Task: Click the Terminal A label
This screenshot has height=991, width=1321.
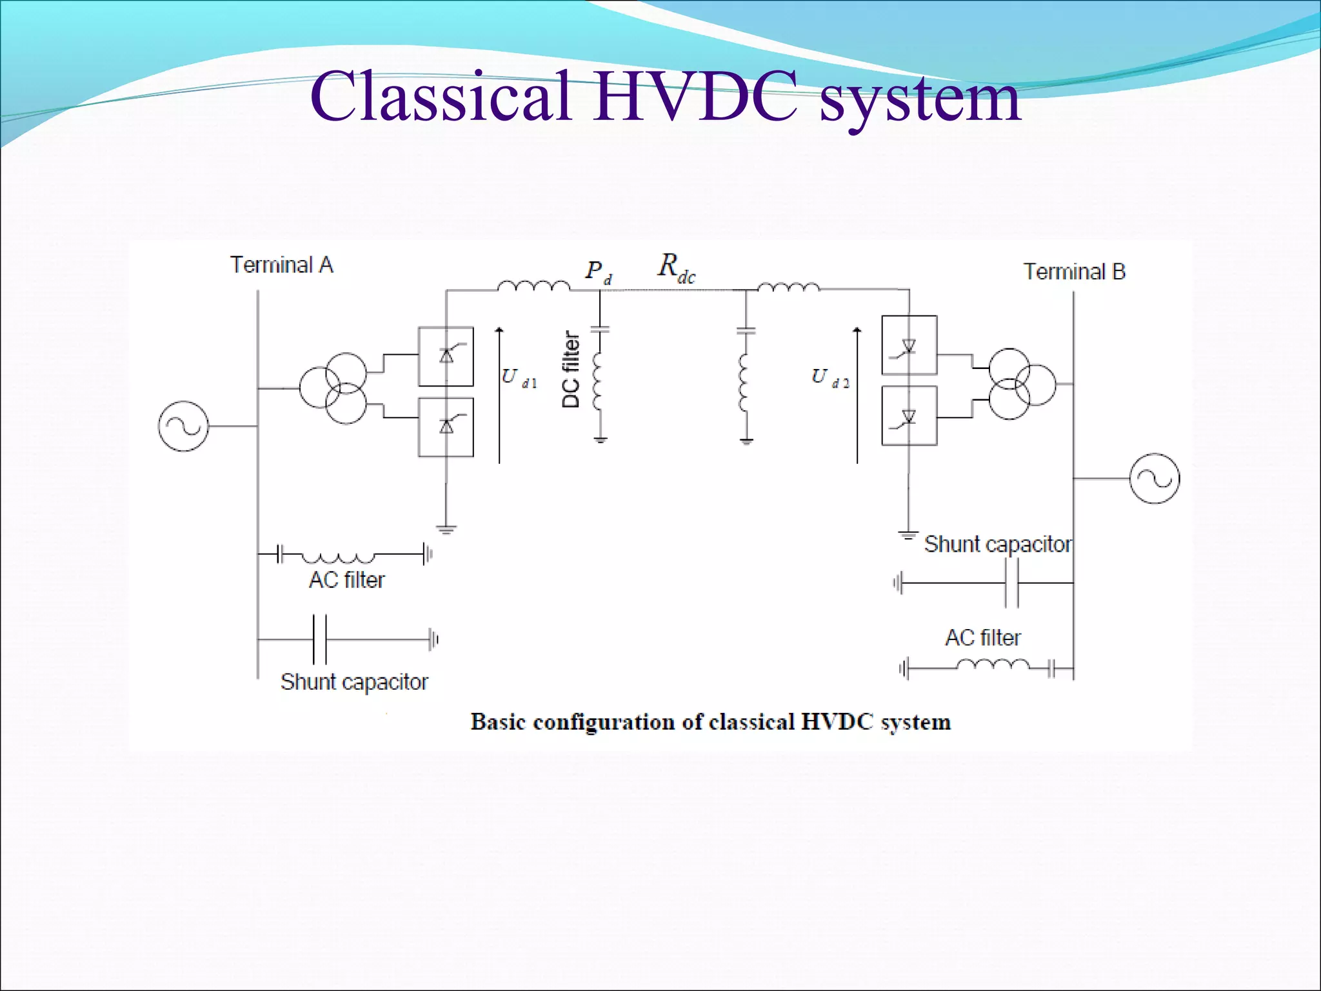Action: coord(282,265)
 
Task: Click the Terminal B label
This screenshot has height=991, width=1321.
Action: coord(1074,272)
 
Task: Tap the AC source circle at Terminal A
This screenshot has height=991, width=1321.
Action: coord(184,426)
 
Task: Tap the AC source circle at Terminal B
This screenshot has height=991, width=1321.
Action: coord(1155,479)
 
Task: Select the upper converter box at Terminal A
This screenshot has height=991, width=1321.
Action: coord(446,356)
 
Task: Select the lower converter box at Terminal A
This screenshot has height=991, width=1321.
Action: coord(446,427)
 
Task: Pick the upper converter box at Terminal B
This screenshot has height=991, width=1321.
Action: coord(909,345)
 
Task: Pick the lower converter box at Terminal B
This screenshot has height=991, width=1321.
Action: coord(909,415)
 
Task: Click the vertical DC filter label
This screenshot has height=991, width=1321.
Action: coord(571,370)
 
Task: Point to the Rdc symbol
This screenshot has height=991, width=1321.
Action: coord(676,268)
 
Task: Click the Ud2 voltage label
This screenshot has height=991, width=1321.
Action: coord(829,378)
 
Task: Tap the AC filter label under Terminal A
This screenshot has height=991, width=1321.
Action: coord(346,580)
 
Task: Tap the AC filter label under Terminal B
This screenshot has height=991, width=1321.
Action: coord(983,637)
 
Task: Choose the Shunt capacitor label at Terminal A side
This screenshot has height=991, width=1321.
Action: coord(354,682)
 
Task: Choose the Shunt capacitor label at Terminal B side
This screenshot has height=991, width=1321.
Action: coord(998,545)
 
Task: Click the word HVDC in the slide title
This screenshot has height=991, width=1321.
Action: coord(696,97)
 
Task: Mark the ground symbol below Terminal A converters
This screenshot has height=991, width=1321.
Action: coord(446,530)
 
